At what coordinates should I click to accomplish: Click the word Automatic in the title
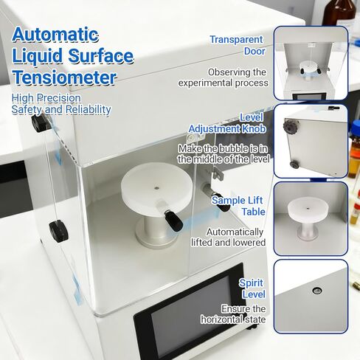[x=55, y=34]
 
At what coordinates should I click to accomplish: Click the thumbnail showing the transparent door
[x=311, y=63]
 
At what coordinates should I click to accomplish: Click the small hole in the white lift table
[x=156, y=189]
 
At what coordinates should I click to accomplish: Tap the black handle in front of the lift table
[x=173, y=218]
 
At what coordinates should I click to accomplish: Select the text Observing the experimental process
[x=237, y=77]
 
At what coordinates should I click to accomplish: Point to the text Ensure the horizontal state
[x=234, y=314]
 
